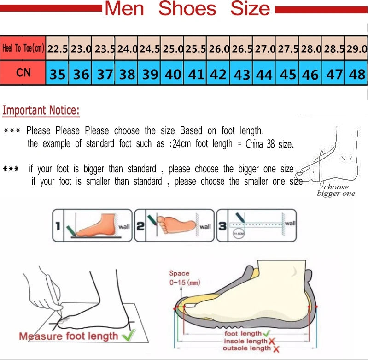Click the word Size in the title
tap(250, 9)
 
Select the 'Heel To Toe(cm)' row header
tap(23, 48)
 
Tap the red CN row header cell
tap(23, 73)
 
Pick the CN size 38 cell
tap(127, 74)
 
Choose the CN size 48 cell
tap(357, 74)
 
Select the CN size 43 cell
tap(242, 74)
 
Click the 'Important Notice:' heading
tap(41, 111)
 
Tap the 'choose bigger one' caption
tap(336, 190)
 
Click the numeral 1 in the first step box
tap(58, 225)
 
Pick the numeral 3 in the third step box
tap(222, 226)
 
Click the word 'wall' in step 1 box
tap(124, 227)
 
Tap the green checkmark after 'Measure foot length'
tap(129, 336)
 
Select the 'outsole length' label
tap(247, 348)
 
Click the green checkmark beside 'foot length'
tap(267, 333)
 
